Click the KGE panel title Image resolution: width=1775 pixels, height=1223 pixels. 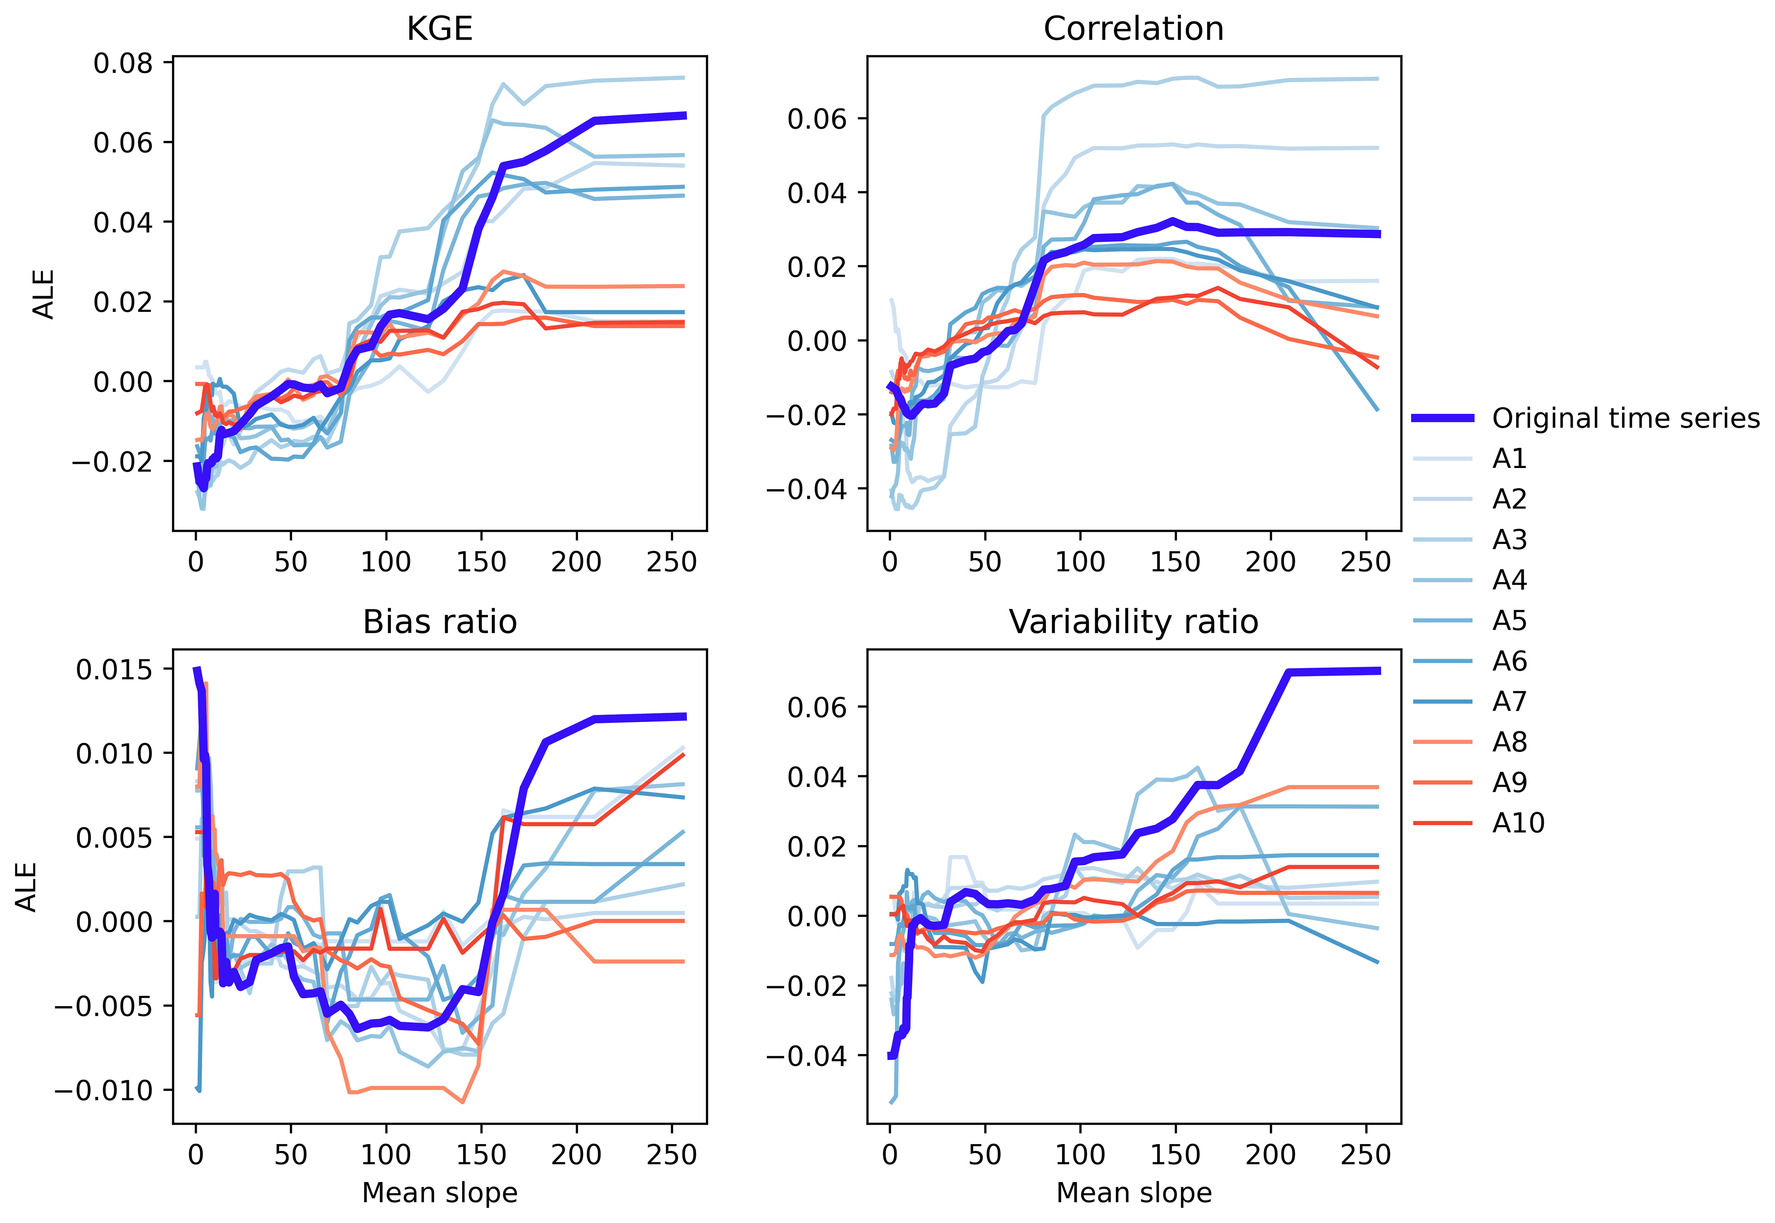tap(439, 29)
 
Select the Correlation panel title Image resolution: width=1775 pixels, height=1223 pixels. tap(1133, 29)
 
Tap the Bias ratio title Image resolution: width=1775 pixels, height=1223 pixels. tap(439, 622)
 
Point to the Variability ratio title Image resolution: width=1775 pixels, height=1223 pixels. tap(1133, 622)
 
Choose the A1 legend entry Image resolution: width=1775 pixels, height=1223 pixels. tap(1508, 458)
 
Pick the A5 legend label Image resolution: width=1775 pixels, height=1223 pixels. tap(1508, 621)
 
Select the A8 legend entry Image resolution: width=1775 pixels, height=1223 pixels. tap(1508, 742)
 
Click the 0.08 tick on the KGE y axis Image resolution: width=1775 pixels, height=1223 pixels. tap(123, 63)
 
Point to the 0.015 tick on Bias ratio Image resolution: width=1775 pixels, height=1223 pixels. tap(114, 670)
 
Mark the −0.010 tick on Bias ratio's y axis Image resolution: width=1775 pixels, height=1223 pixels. tap(103, 1090)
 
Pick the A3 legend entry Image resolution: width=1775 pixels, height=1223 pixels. tap(1508, 539)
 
